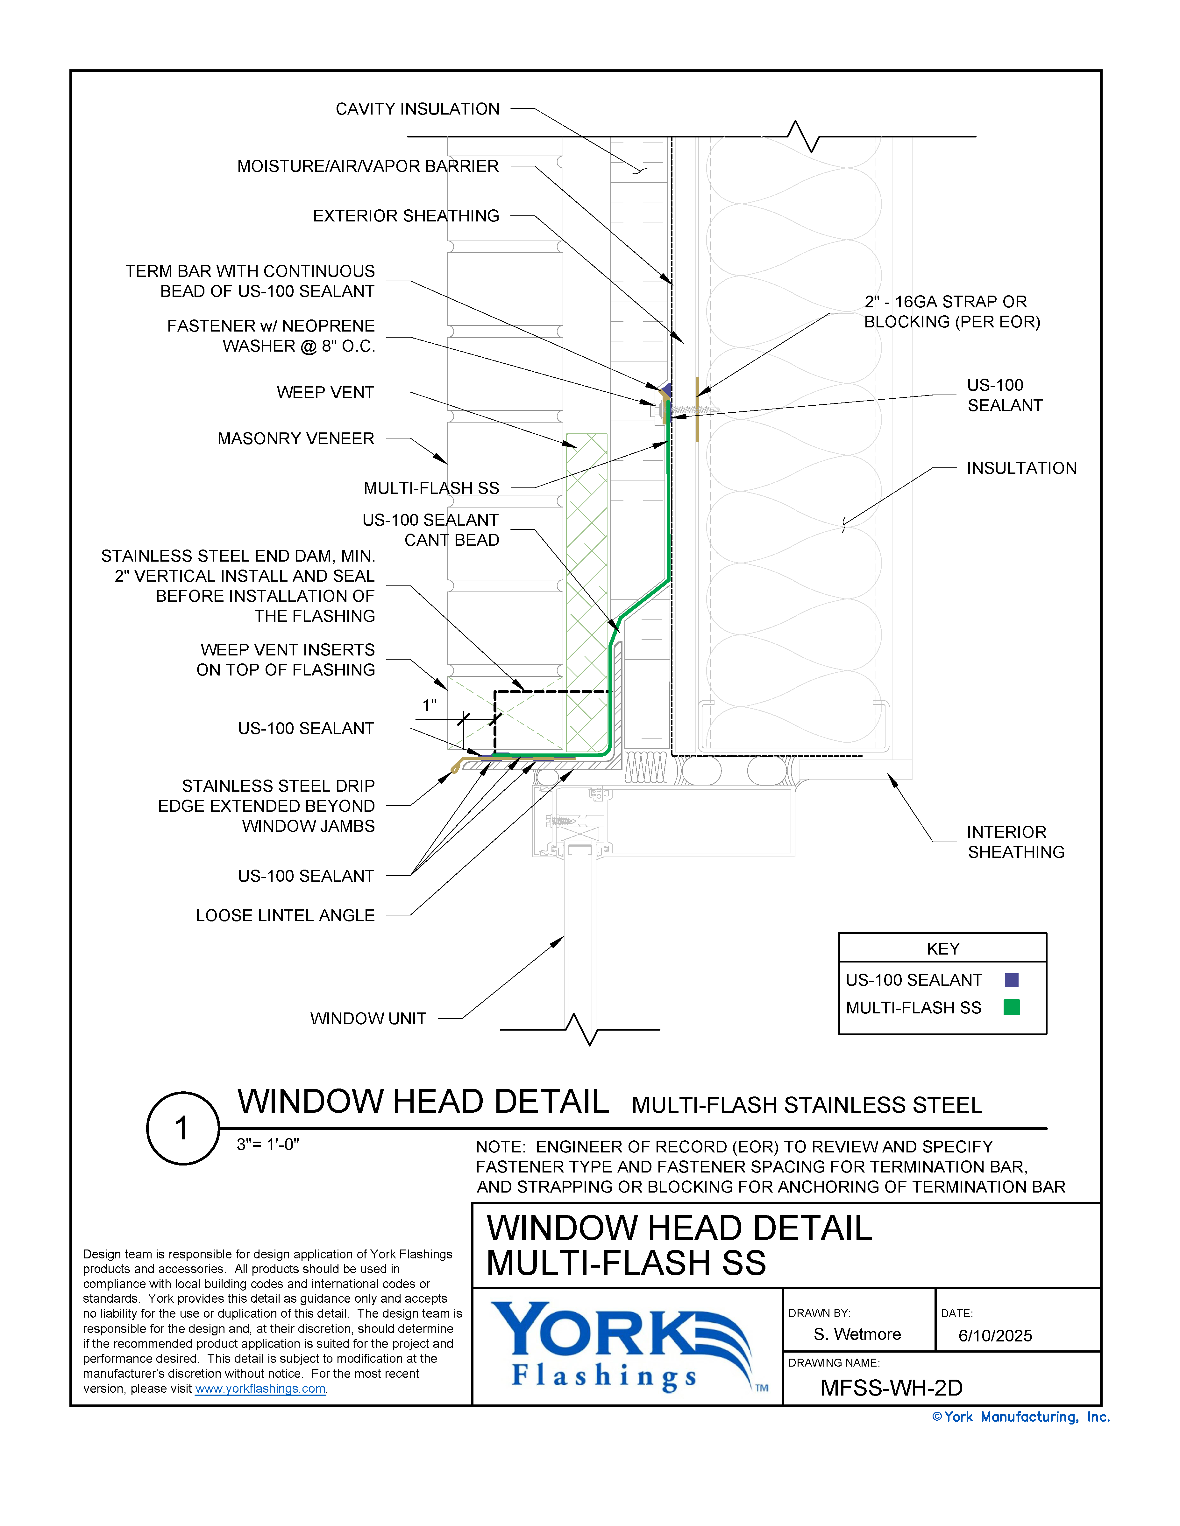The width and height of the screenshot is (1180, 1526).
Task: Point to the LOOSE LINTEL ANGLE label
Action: (x=285, y=915)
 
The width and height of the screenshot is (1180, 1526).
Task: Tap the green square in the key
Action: (x=1011, y=1007)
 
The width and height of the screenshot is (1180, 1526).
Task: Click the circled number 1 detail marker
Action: (x=182, y=1128)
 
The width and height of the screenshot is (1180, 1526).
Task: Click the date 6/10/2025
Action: (x=995, y=1336)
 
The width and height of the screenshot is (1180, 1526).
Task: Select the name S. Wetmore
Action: (x=857, y=1334)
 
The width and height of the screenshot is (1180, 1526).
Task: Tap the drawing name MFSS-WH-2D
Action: (x=891, y=1388)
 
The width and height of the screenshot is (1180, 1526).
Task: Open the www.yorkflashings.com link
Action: (x=260, y=1389)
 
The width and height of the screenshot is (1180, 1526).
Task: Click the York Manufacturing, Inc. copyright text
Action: (x=1020, y=1417)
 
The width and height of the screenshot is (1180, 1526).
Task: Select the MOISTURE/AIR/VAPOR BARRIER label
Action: (x=368, y=166)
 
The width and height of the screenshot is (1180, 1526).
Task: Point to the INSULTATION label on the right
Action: (x=1021, y=468)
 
